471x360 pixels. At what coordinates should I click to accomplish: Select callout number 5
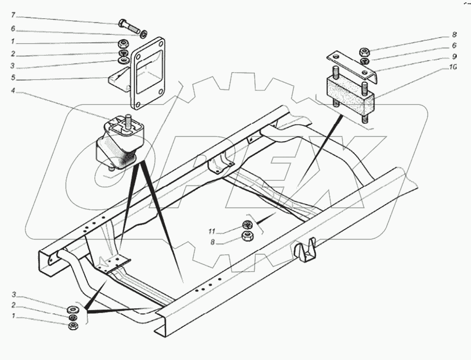point(14,79)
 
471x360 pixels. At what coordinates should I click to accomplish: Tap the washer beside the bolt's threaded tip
point(145,35)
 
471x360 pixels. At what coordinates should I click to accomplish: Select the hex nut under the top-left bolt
point(123,43)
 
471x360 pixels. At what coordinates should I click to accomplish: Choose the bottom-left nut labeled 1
point(73,325)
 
